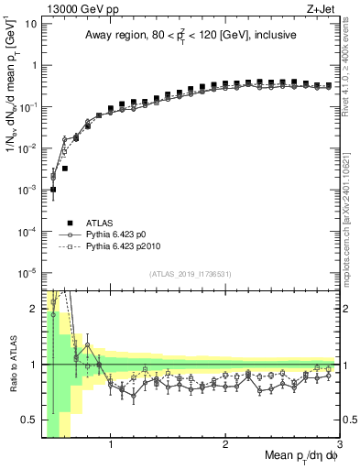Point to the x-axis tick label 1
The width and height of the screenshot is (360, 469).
click(111, 445)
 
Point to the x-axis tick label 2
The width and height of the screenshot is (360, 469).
click(225, 445)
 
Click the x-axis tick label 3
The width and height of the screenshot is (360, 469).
click(339, 445)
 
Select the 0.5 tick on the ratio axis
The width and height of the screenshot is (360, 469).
click(29, 420)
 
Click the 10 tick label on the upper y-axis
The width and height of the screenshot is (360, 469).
click(29, 23)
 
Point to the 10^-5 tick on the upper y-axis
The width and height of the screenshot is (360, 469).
click(27, 272)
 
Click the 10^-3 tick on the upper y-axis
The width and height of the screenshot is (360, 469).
click(27, 190)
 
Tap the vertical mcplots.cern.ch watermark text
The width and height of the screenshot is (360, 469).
click(352, 183)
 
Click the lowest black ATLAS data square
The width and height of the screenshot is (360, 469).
click(53, 190)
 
